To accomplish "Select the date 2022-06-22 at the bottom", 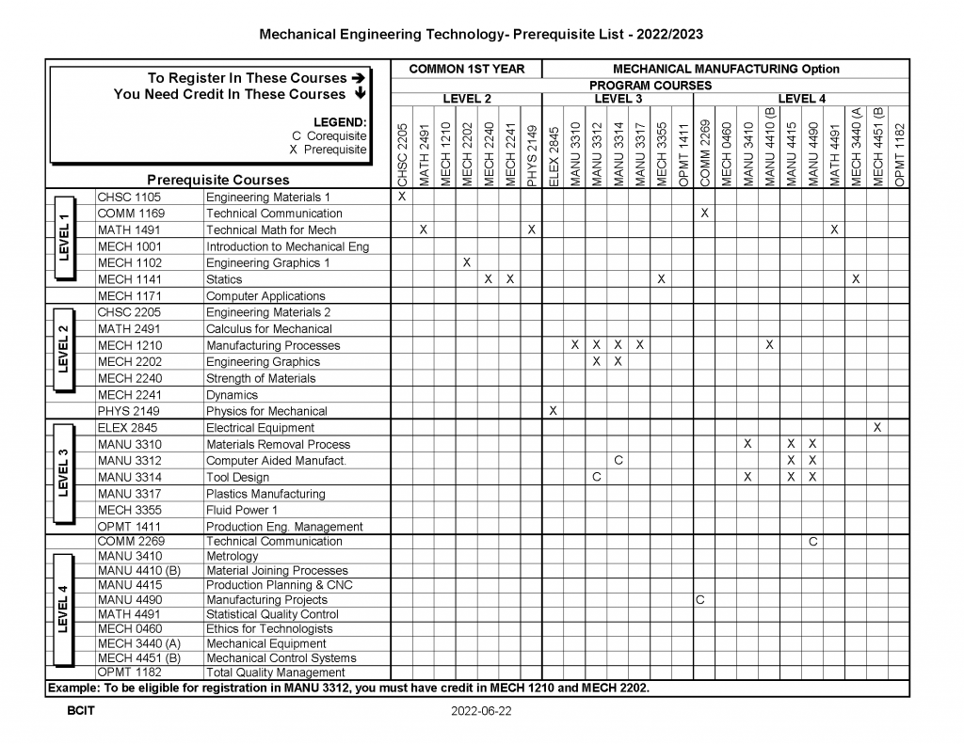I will coord(481,712).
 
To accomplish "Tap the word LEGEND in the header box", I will coord(340,122).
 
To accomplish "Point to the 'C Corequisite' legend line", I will coord(329,135).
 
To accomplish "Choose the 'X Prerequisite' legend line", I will coord(329,150).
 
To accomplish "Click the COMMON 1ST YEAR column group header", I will coord(467,69).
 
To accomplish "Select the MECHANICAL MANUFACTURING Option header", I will coord(726,69).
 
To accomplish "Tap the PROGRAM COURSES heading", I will coord(651,85).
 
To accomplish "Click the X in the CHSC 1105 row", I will coord(402,197).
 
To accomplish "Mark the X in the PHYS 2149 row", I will coord(554,411).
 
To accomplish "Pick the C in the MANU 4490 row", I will coord(699,599).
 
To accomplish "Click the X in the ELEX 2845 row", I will coord(877,427).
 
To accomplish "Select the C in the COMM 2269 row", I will coord(812,542).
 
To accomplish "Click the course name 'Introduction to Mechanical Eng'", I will coord(287,246).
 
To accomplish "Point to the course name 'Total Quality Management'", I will coord(276,673).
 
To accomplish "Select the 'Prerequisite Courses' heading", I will coord(218,180).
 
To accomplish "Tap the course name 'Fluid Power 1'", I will coord(242,510).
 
